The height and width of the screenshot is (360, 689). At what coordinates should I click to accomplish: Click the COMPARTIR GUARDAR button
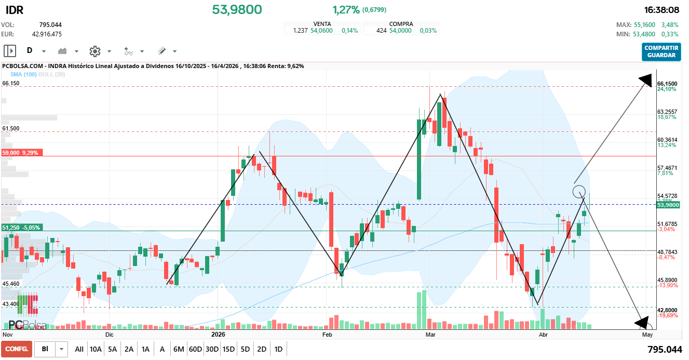click(x=661, y=51)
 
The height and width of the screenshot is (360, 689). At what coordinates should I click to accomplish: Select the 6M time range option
click(x=179, y=349)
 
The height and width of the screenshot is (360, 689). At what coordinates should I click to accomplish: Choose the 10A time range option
click(x=96, y=349)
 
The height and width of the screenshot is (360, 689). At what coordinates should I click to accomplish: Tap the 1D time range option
click(x=278, y=349)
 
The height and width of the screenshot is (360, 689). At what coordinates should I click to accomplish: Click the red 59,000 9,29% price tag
click(x=22, y=153)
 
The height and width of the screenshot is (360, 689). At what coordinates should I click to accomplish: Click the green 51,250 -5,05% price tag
click(x=22, y=228)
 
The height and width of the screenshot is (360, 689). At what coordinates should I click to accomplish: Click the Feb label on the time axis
click(x=327, y=335)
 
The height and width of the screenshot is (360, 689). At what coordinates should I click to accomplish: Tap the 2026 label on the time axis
click(x=218, y=335)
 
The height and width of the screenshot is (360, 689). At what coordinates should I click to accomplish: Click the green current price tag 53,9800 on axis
click(x=668, y=205)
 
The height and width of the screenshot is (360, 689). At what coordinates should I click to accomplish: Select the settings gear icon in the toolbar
click(x=94, y=51)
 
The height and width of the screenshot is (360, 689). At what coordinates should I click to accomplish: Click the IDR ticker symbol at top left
click(x=14, y=10)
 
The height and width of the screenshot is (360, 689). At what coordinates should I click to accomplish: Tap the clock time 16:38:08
click(x=661, y=10)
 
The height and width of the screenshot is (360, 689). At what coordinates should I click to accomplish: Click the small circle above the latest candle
click(x=579, y=192)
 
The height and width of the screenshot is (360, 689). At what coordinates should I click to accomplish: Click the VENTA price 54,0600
click(x=321, y=31)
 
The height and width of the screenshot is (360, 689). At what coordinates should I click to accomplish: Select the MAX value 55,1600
click(x=643, y=24)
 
